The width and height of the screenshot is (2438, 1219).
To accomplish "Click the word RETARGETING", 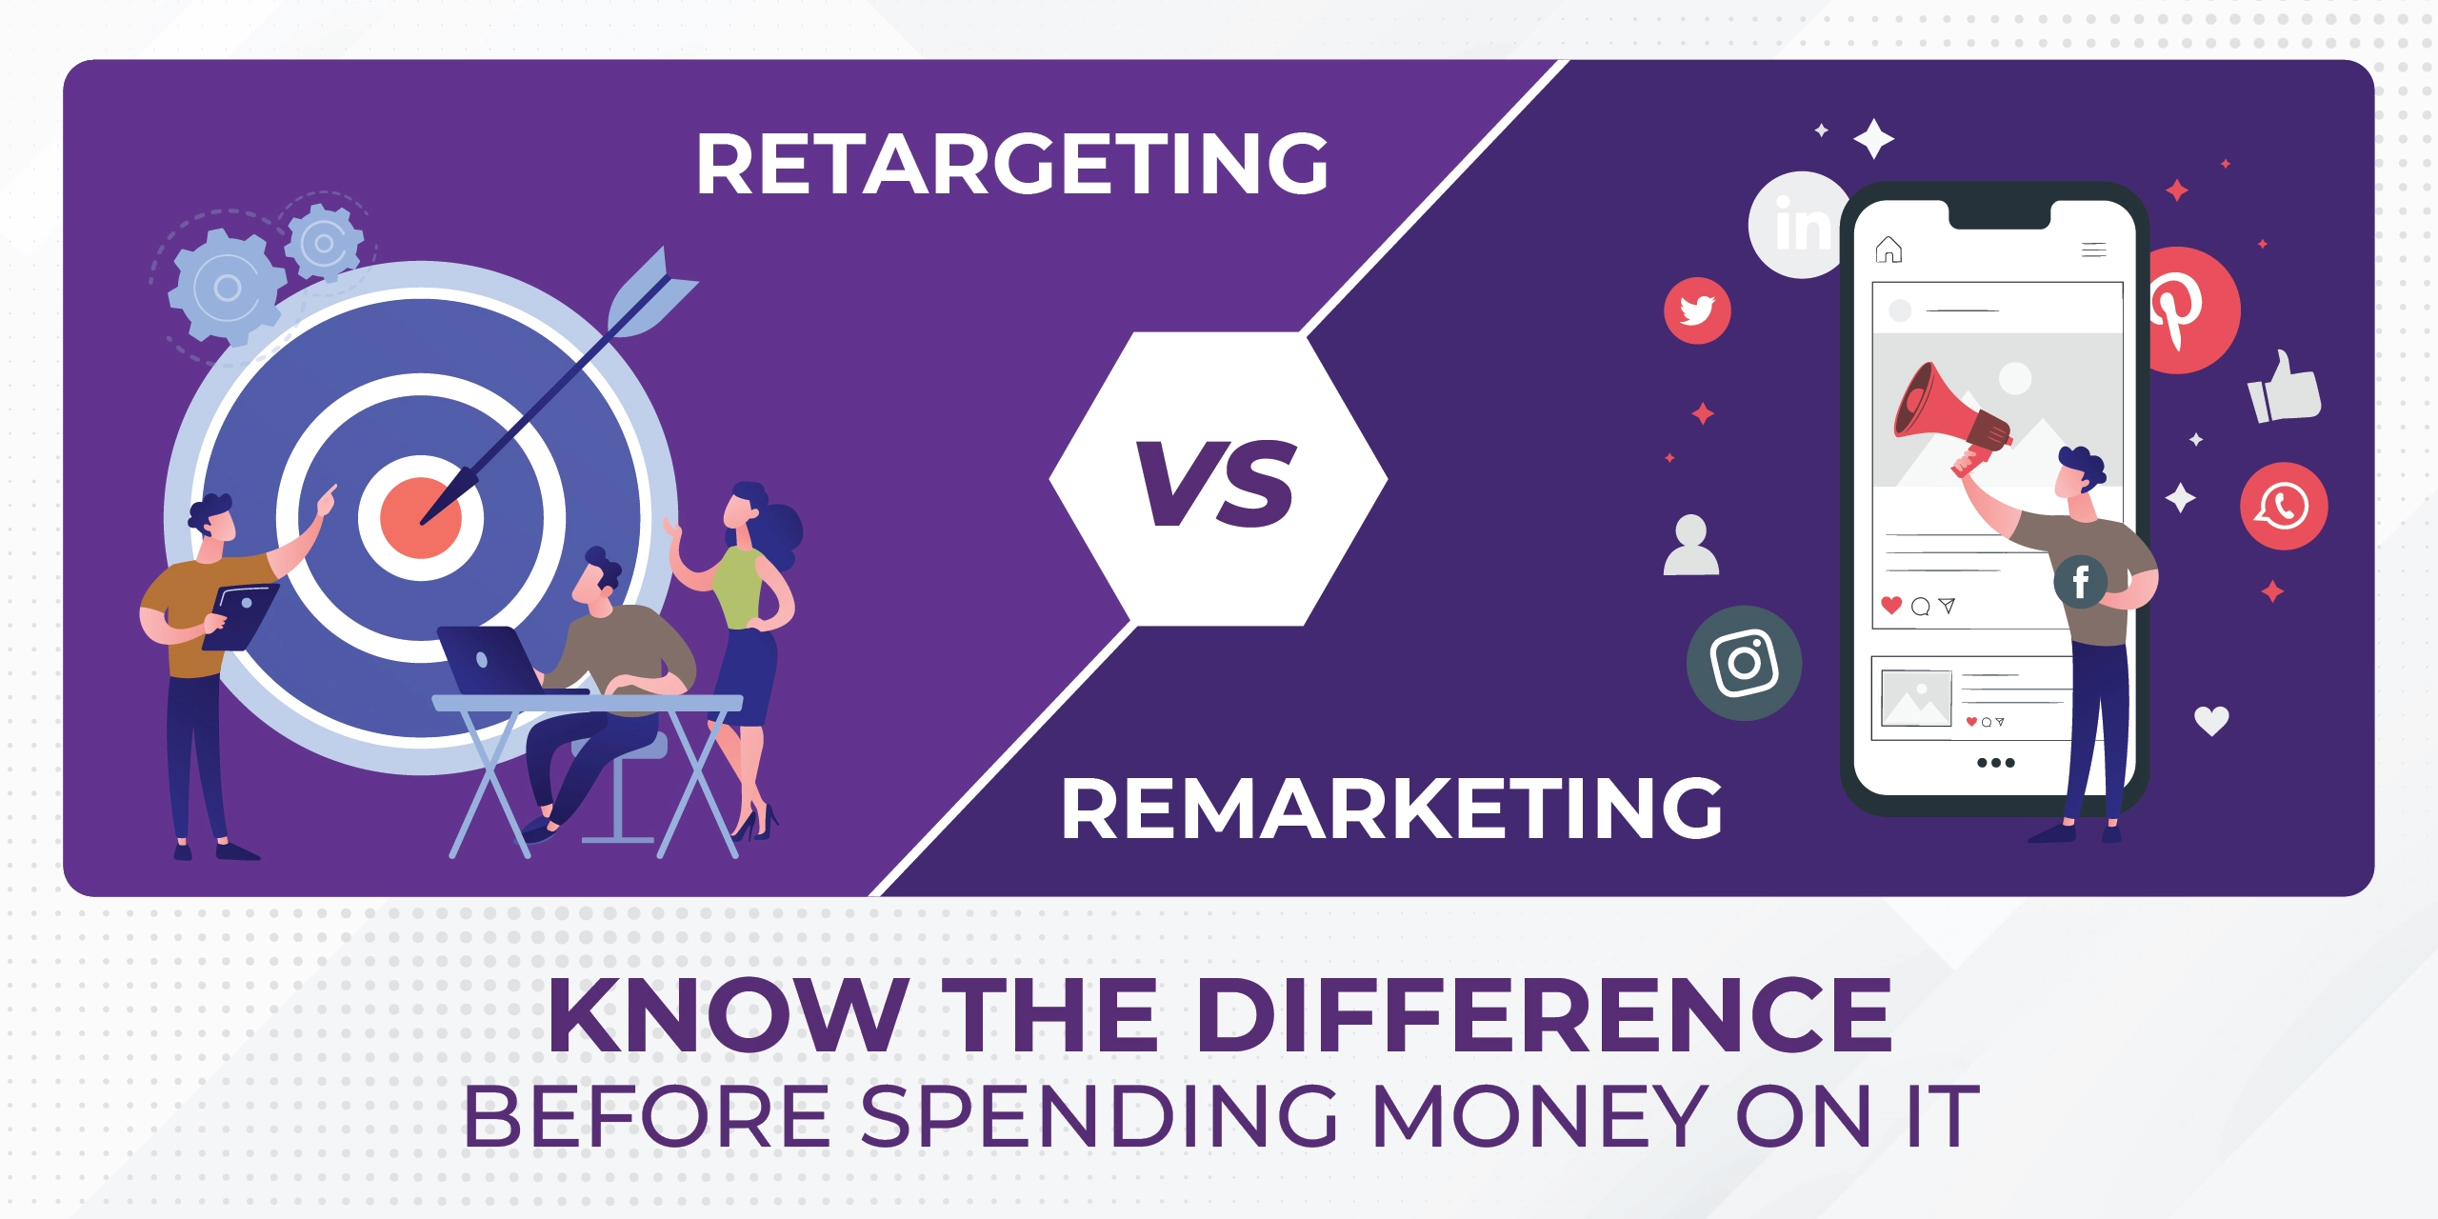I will click(x=1011, y=164).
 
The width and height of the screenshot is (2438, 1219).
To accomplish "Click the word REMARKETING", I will click(x=1391, y=809).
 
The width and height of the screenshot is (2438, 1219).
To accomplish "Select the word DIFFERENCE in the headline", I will click(x=1543, y=1016).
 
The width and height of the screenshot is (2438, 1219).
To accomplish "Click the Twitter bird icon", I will click(x=1697, y=310).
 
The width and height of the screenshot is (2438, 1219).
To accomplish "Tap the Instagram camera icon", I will click(x=1744, y=663).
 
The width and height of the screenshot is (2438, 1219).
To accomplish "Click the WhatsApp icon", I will click(x=2284, y=506).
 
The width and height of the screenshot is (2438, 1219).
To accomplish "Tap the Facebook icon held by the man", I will click(x=2080, y=581).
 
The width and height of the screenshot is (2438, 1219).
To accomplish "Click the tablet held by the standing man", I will click(x=241, y=615).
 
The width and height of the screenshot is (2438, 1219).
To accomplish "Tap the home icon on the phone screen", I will click(x=1888, y=250).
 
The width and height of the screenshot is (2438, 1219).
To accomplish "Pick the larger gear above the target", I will click(x=226, y=287).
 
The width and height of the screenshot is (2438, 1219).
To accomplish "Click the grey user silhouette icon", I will click(x=1691, y=546).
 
